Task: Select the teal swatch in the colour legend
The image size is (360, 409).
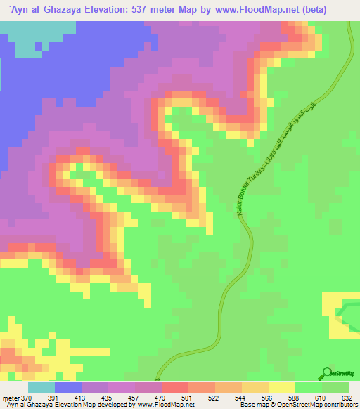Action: click(41, 388)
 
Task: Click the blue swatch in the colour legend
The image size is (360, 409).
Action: click(68, 388)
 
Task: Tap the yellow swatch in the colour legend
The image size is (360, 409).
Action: click(282, 388)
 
